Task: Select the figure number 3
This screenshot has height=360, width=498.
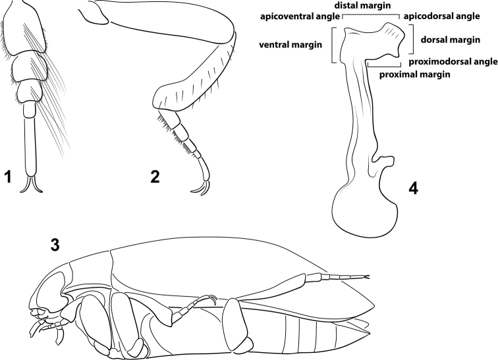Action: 57,245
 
